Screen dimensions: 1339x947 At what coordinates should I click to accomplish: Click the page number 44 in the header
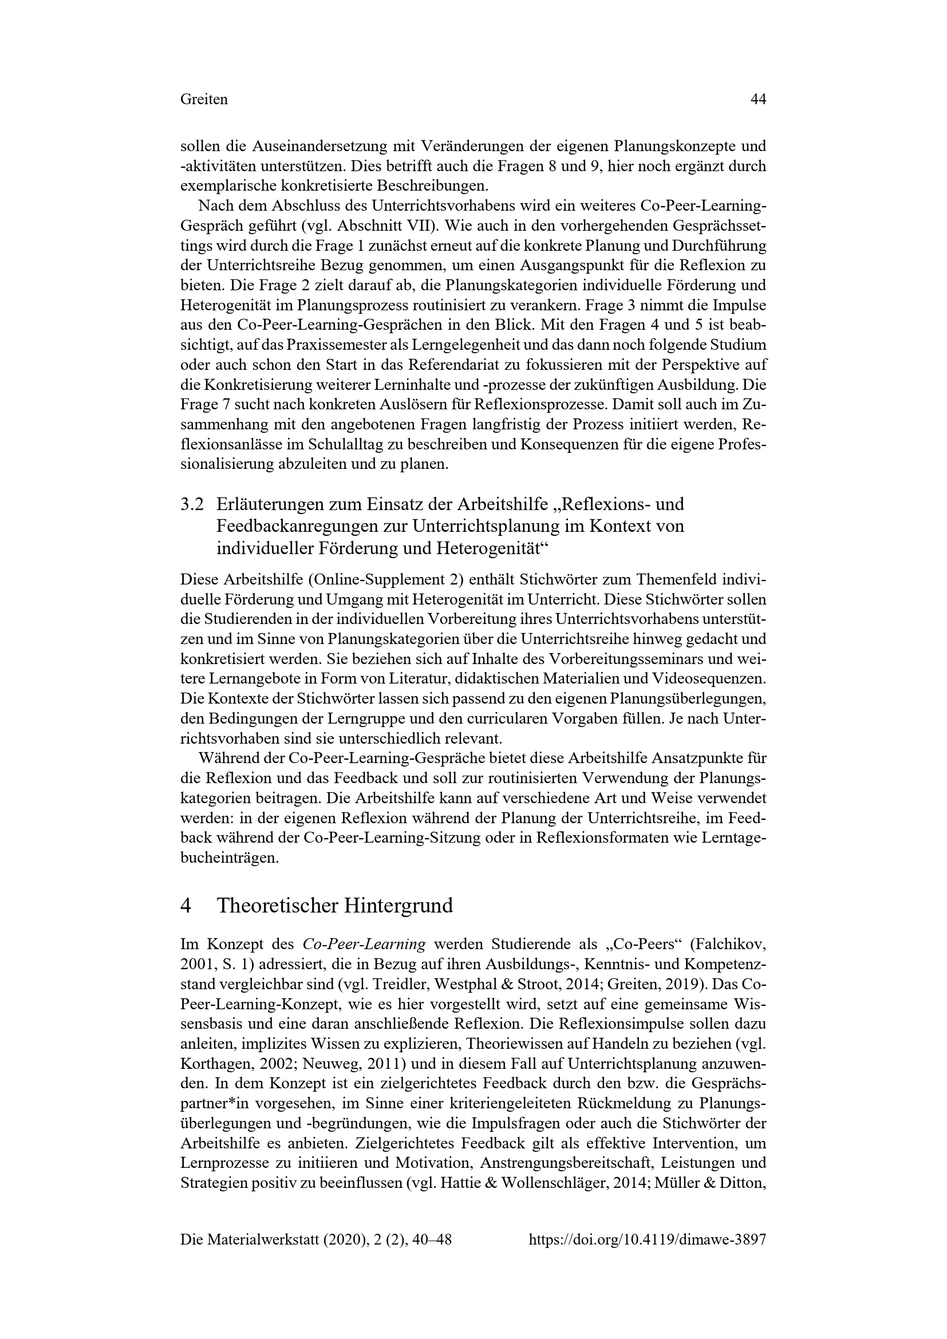pos(757,100)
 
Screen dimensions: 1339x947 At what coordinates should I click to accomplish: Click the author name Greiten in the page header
pos(204,100)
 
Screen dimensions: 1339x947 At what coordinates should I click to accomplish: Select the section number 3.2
pos(192,503)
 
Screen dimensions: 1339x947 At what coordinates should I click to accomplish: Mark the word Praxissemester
pos(336,345)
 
